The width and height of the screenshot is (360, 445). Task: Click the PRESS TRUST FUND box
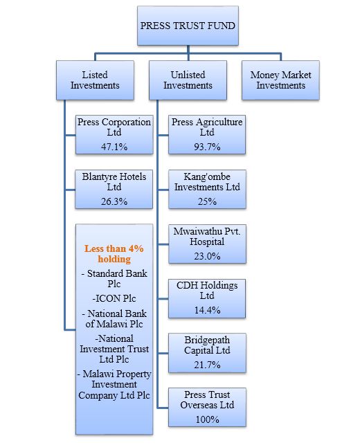[x=188, y=26]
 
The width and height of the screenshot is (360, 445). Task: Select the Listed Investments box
[x=95, y=80]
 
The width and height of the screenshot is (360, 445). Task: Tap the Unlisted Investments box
[x=188, y=80]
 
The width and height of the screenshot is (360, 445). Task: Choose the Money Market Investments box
[x=280, y=80]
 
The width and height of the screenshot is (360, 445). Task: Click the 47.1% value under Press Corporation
[x=114, y=147]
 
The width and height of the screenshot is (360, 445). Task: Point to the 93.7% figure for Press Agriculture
[x=207, y=147]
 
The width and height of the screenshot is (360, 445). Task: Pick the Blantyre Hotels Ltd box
[x=114, y=190]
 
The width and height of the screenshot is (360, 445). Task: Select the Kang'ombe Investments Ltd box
[x=207, y=190]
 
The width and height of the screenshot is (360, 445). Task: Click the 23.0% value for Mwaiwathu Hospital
[x=207, y=256]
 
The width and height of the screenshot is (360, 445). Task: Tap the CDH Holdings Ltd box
[x=207, y=298]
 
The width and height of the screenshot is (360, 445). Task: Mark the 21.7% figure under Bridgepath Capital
[x=207, y=365]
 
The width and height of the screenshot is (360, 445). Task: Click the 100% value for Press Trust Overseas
[x=207, y=419]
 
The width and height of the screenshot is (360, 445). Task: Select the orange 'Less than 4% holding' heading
[x=114, y=254]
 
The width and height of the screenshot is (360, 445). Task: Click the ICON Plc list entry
[x=114, y=298]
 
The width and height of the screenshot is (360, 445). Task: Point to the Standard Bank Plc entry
[x=114, y=278]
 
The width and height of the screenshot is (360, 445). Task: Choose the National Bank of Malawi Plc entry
[x=114, y=319]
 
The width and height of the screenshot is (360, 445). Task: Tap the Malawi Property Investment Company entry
[x=114, y=385]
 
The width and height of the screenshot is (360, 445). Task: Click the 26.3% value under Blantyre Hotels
[x=114, y=201]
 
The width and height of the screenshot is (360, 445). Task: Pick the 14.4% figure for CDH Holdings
[x=207, y=310]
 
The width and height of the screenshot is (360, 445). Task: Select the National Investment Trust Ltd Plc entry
[x=114, y=349]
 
